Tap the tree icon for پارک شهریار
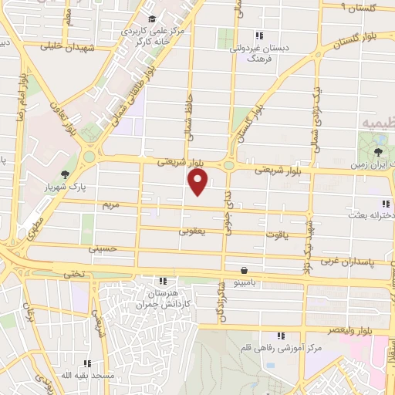(65, 174)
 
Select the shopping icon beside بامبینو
(245, 271)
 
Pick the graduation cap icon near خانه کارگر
(151, 19)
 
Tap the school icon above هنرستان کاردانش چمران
(162, 282)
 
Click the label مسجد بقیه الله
(88, 374)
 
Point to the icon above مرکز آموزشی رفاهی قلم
(281, 335)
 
